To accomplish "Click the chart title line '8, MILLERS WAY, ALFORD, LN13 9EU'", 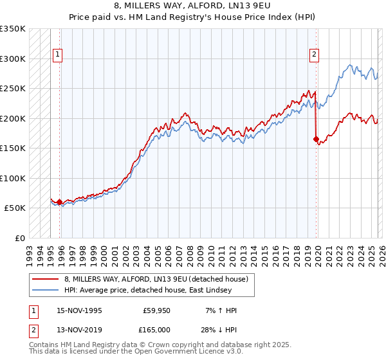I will pos(192,6).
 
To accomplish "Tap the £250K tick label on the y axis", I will pos(13,89).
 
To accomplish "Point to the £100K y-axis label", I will pos(13,178).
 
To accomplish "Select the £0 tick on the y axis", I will pos(19,238).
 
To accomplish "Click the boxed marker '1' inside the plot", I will pos(58,55).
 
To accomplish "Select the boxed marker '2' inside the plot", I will pos(315,55).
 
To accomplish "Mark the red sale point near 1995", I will pos(60,203).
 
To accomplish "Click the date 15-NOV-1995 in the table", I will pos(79,310).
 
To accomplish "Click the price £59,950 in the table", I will pos(157,310).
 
